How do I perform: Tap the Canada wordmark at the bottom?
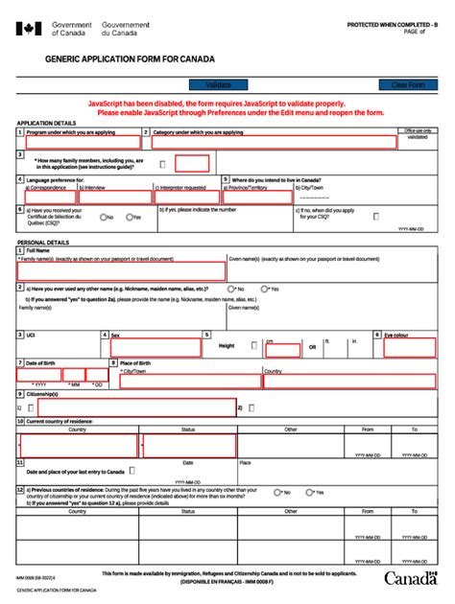pyautogui.click(x=411, y=577)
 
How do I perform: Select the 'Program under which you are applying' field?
pyautogui.click(x=82, y=142)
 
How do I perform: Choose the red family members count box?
pyautogui.click(x=192, y=163)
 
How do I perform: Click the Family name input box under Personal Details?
pyautogui.click(x=120, y=271)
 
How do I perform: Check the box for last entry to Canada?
pyautogui.click(x=132, y=471)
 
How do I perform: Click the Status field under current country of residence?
pyautogui.click(x=188, y=446)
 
